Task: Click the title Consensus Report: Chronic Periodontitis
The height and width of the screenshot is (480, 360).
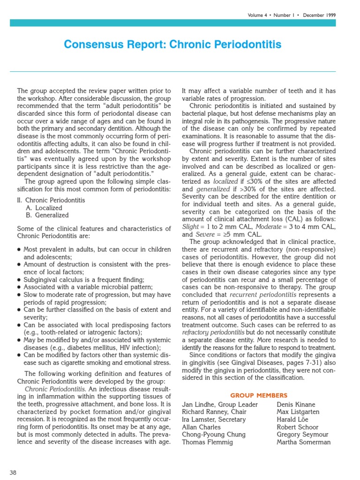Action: pyautogui.click(x=172, y=45)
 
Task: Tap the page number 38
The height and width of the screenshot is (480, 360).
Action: pyautogui.click(x=13, y=472)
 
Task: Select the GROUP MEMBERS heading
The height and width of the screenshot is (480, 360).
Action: pyautogui.click(x=259, y=395)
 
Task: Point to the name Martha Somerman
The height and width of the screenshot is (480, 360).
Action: pyautogui.click(x=304, y=442)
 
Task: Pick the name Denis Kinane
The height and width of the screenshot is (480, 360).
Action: pyautogui.click(x=296, y=405)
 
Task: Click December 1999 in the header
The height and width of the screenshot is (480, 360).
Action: pyautogui.click(x=319, y=15)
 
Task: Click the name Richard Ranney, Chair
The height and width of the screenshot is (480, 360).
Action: pyautogui.click(x=215, y=412)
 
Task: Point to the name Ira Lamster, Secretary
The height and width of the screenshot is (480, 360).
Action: pyautogui.click(x=214, y=420)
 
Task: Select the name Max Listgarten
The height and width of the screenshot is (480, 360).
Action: pyautogui.click(x=298, y=412)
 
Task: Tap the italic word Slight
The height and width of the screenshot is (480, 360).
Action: pyautogui.click(x=190, y=226)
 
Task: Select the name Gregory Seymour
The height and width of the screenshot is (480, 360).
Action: pyautogui.click(x=303, y=435)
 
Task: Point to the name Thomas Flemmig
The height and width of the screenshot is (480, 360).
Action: pyautogui.click(x=207, y=442)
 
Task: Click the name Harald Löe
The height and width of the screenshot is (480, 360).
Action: pyautogui.click(x=293, y=420)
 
